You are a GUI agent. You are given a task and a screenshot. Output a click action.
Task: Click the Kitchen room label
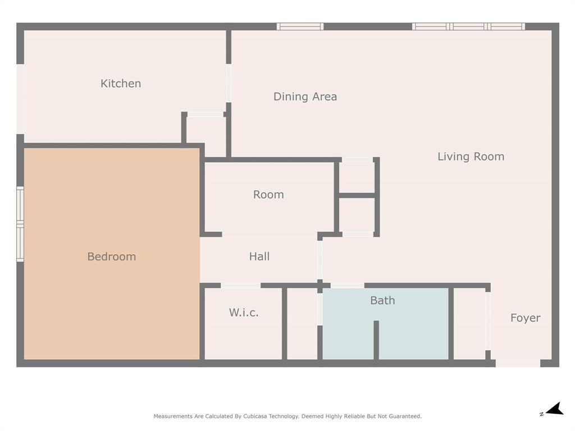(121, 84)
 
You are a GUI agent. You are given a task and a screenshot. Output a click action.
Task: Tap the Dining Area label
(305, 97)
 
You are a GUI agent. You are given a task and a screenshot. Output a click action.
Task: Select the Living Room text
(471, 157)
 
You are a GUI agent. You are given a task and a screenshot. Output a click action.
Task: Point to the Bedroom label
(111, 256)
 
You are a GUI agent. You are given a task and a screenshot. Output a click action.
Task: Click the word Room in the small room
(268, 195)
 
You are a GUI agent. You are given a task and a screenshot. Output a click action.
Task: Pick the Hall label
(259, 256)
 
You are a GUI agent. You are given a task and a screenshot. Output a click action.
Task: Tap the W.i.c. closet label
(244, 313)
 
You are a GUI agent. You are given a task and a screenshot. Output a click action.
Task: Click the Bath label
(382, 300)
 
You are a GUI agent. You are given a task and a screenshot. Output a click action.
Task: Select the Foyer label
(525, 318)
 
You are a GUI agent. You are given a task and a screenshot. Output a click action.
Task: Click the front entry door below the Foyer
(518, 363)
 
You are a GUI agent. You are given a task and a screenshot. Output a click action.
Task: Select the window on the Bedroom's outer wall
(20, 224)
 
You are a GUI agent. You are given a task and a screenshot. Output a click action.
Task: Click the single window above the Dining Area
(300, 26)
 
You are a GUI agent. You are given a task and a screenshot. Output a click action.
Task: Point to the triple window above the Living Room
(468, 26)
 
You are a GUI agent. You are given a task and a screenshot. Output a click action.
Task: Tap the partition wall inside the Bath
(376, 340)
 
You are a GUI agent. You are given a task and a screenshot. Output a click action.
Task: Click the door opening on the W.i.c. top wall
(240, 286)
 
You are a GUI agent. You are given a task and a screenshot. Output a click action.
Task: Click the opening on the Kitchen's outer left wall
(20, 99)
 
